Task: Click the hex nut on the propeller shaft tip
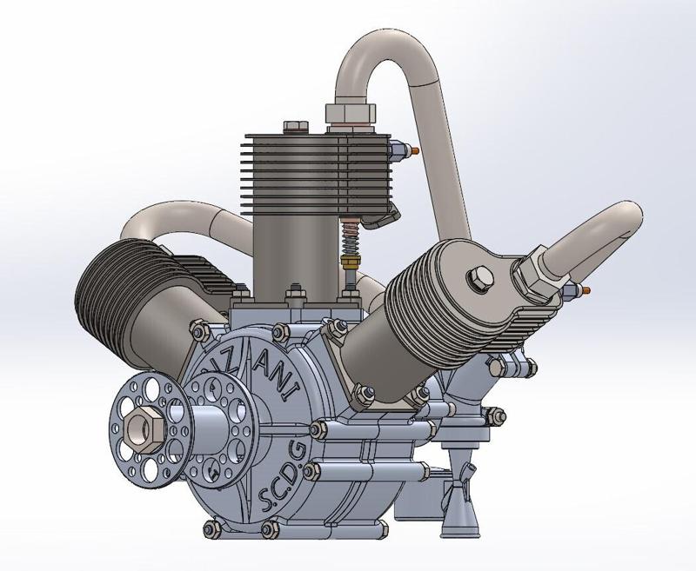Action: tap(141, 427)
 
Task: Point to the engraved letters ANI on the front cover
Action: tap(276, 380)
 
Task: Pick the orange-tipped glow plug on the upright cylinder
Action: tap(410, 150)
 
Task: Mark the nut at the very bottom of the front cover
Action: tap(211, 528)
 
